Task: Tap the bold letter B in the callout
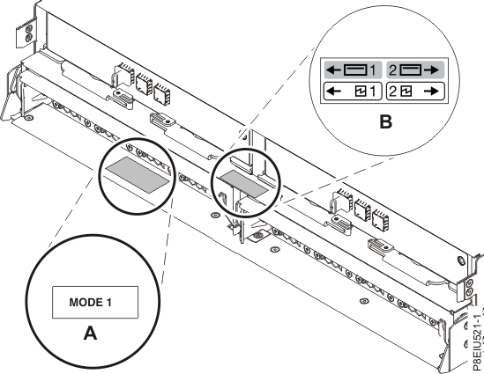click(383, 123)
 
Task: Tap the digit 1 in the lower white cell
click(373, 90)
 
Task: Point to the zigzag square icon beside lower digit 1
click(361, 90)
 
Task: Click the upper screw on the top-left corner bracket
click(30, 27)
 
